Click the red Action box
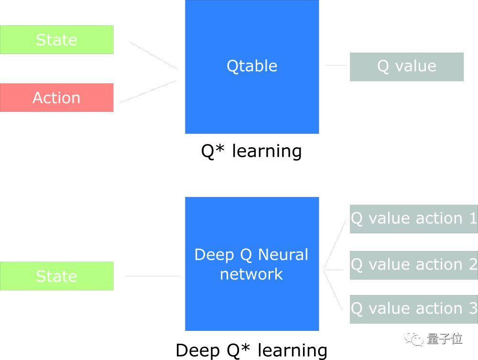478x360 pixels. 56,98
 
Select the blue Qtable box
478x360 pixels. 252,66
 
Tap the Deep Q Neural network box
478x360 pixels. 252,264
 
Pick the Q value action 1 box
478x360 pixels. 413,218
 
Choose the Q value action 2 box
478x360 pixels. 413,265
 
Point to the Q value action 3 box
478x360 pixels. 413,309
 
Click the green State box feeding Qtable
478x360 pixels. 56,40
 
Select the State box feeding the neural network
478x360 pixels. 56,276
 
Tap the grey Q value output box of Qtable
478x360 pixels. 406,66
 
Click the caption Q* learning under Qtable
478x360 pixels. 251,151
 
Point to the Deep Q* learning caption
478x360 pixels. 251,350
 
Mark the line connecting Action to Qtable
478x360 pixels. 148,91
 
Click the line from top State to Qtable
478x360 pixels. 153,55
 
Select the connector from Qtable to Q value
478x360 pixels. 336,65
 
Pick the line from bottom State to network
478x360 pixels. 153,276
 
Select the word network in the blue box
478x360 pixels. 251,274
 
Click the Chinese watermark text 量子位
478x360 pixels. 445,339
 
